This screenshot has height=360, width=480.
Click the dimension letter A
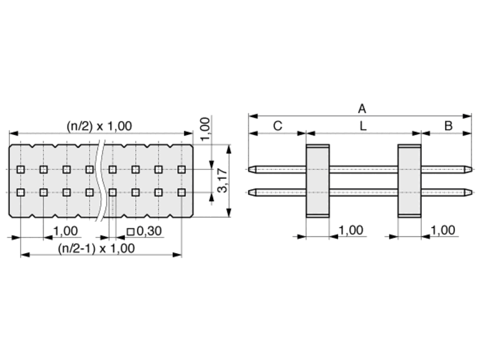[362, 109]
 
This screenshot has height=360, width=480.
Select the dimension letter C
[277, 126]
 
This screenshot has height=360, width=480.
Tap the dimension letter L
[362, 126]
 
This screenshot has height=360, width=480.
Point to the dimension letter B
[448, 126]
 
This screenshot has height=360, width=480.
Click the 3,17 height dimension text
[223, 181]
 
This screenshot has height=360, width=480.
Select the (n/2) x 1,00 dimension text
[99, 126]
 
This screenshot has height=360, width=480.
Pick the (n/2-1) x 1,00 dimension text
[96, 248]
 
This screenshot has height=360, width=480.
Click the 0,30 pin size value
[149, 231]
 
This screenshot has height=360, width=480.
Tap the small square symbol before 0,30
[131, 232]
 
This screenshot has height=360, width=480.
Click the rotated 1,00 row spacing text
[205, 129]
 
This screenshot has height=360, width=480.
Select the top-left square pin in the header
[21, 169]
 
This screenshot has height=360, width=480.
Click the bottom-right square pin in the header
[181, 192]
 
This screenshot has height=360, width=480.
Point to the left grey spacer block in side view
[317, 181]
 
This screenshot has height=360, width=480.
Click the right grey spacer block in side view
[409, 181]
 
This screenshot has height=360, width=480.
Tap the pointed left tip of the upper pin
[249, 169]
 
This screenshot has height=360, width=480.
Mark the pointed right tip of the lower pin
[471, 192]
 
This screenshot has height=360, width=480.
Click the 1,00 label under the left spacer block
[351, 230]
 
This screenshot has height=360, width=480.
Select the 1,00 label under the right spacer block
[443, 230]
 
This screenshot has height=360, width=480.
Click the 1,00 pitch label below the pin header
[66, 231]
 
